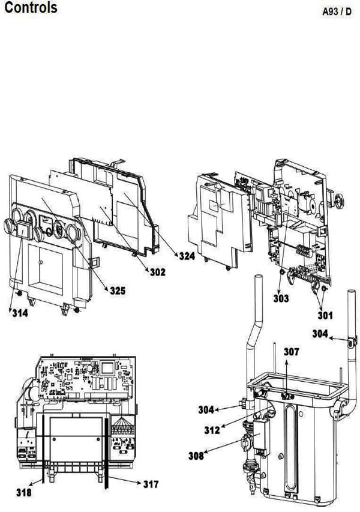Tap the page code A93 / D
pyautogui.click(x=339, y=12)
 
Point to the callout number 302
pyautogui.click(x=158, y=271)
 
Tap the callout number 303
pyautogui.click(x=280, y=298)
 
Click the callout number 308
pyautogui.click(x=196, y=456)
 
